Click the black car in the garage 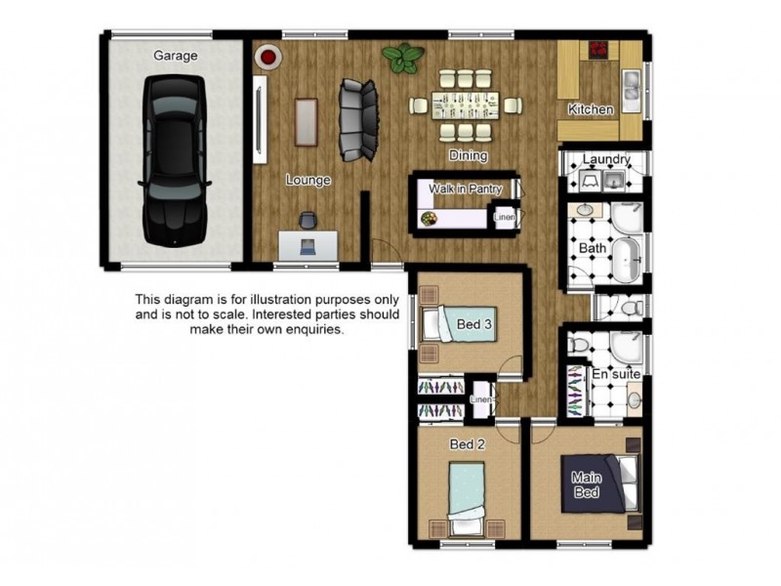174,160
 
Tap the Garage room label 176,56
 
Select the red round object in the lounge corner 268,57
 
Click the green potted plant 403,58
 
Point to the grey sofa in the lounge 357,120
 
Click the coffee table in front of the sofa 306,122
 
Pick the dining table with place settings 466,105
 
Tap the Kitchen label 591,109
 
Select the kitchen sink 631,85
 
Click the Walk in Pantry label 466,188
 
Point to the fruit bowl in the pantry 429,219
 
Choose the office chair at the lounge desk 308,221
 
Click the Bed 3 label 473,324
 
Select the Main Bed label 587,484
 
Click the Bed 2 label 467,444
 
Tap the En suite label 616,374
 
